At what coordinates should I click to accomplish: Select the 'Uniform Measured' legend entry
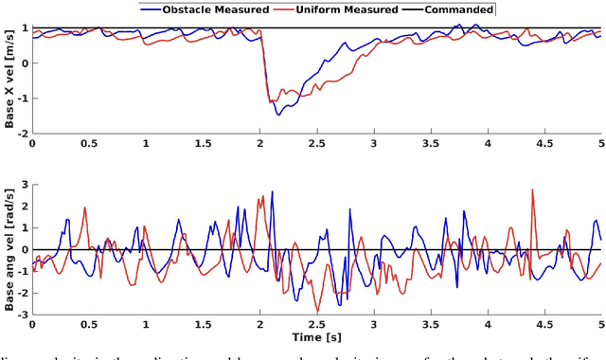pyautogui.click(x=350, y=9)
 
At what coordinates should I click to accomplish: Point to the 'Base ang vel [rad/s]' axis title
pyautogui.click(x=9, y=249)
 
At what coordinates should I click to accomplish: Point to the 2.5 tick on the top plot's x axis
pyautogui.click(x=316, y=143)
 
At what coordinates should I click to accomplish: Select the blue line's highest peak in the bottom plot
pyautogui.click(x=273, y=191)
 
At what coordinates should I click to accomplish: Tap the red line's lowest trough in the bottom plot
pyautogui.click(x=317, y=311)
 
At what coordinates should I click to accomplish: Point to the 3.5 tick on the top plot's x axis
pyautogui.click(x=430, y=143)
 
